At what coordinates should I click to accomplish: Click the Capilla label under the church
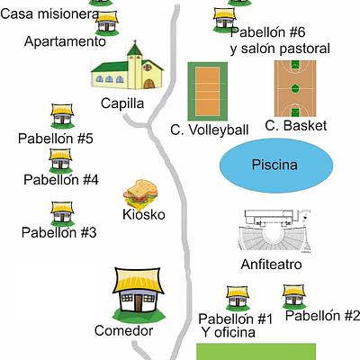[122, 103]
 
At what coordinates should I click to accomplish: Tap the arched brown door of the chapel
[149, 84]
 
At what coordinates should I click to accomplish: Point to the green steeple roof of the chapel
[135, 49]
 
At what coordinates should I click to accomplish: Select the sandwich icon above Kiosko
[140, 193]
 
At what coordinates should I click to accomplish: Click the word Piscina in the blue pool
[274, 165]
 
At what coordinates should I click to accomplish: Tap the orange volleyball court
[208, 91]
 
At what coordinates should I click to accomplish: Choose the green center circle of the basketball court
[295, 88]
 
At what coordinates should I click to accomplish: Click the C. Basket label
[296, 126]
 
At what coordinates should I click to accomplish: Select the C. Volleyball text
[210, 130]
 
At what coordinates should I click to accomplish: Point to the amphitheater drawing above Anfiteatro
[274, 231]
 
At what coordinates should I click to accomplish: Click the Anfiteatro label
[271, 265]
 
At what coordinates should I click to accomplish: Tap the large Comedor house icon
[139, 295]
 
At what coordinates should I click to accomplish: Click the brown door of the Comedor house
[138, 303]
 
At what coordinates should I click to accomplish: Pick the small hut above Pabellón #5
[62, 116]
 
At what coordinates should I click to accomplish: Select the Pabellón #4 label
[61, 180]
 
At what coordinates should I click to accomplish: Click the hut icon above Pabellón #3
[62, 214]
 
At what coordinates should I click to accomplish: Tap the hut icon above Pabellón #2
[294, 297]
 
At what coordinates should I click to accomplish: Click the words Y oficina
[229, 332]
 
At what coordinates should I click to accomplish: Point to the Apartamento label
[65, 41]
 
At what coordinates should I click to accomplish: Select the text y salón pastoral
[280, 49]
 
